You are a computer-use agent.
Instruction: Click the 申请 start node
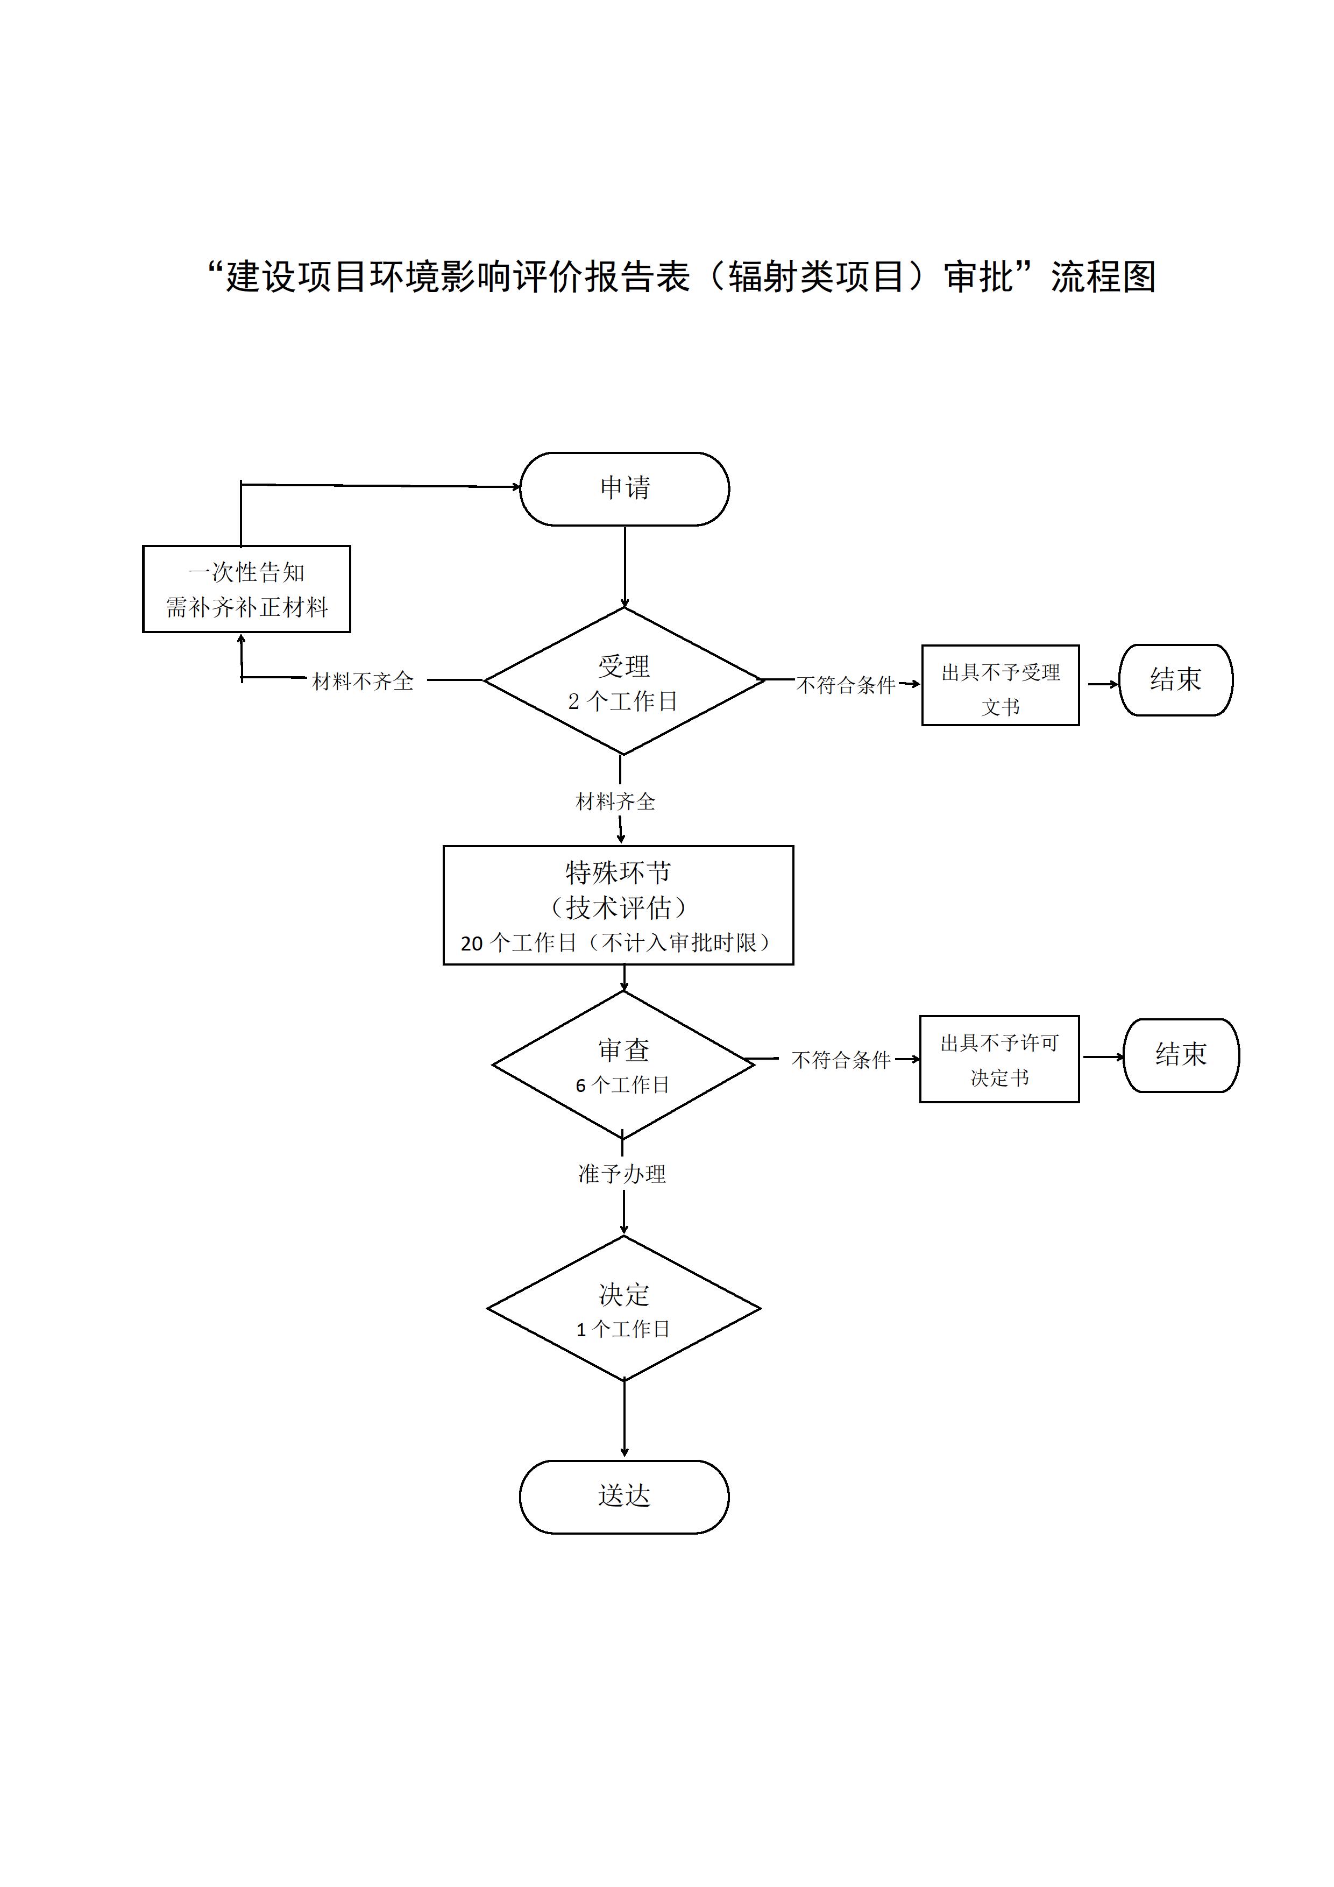click(x=624, y=488)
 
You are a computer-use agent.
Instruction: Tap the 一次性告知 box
click(x=246, y=589)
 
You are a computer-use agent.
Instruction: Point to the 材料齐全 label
click(x=615, y=801)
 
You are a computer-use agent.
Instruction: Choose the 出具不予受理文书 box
click(x=1001, y=685)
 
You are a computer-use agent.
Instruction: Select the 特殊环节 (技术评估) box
click(x=618, y=905)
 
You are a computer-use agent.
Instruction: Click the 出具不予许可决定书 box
click(x=999, y=1059)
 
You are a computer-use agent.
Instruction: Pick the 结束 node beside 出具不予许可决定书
click(x=1181, y=1055)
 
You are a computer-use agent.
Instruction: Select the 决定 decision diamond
click(x=624, y=1308)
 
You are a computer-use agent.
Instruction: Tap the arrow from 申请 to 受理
click(x=625, y=567)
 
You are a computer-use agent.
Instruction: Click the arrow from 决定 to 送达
click(x=624, y=1420)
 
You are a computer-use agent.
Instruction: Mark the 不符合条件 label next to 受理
click(x=846, y=685)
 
